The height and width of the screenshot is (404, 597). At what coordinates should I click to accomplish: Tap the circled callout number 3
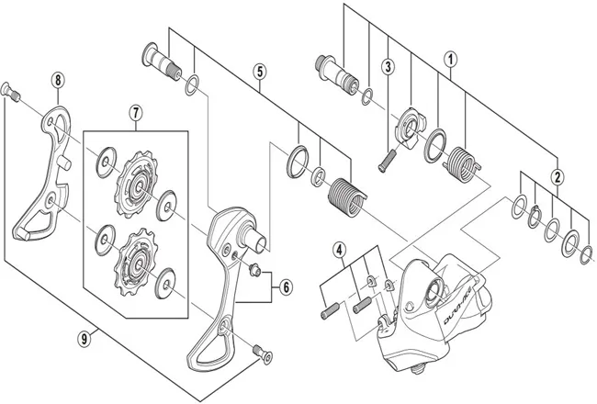pos(389,66)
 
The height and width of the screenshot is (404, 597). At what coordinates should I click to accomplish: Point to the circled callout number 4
pos(339,249)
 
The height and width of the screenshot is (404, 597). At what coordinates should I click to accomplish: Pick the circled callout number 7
pos(135,114)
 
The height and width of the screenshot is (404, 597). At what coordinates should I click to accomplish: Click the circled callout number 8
pos(58,80)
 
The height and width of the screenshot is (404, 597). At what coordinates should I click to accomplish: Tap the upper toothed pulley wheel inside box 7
pos(134,181)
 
